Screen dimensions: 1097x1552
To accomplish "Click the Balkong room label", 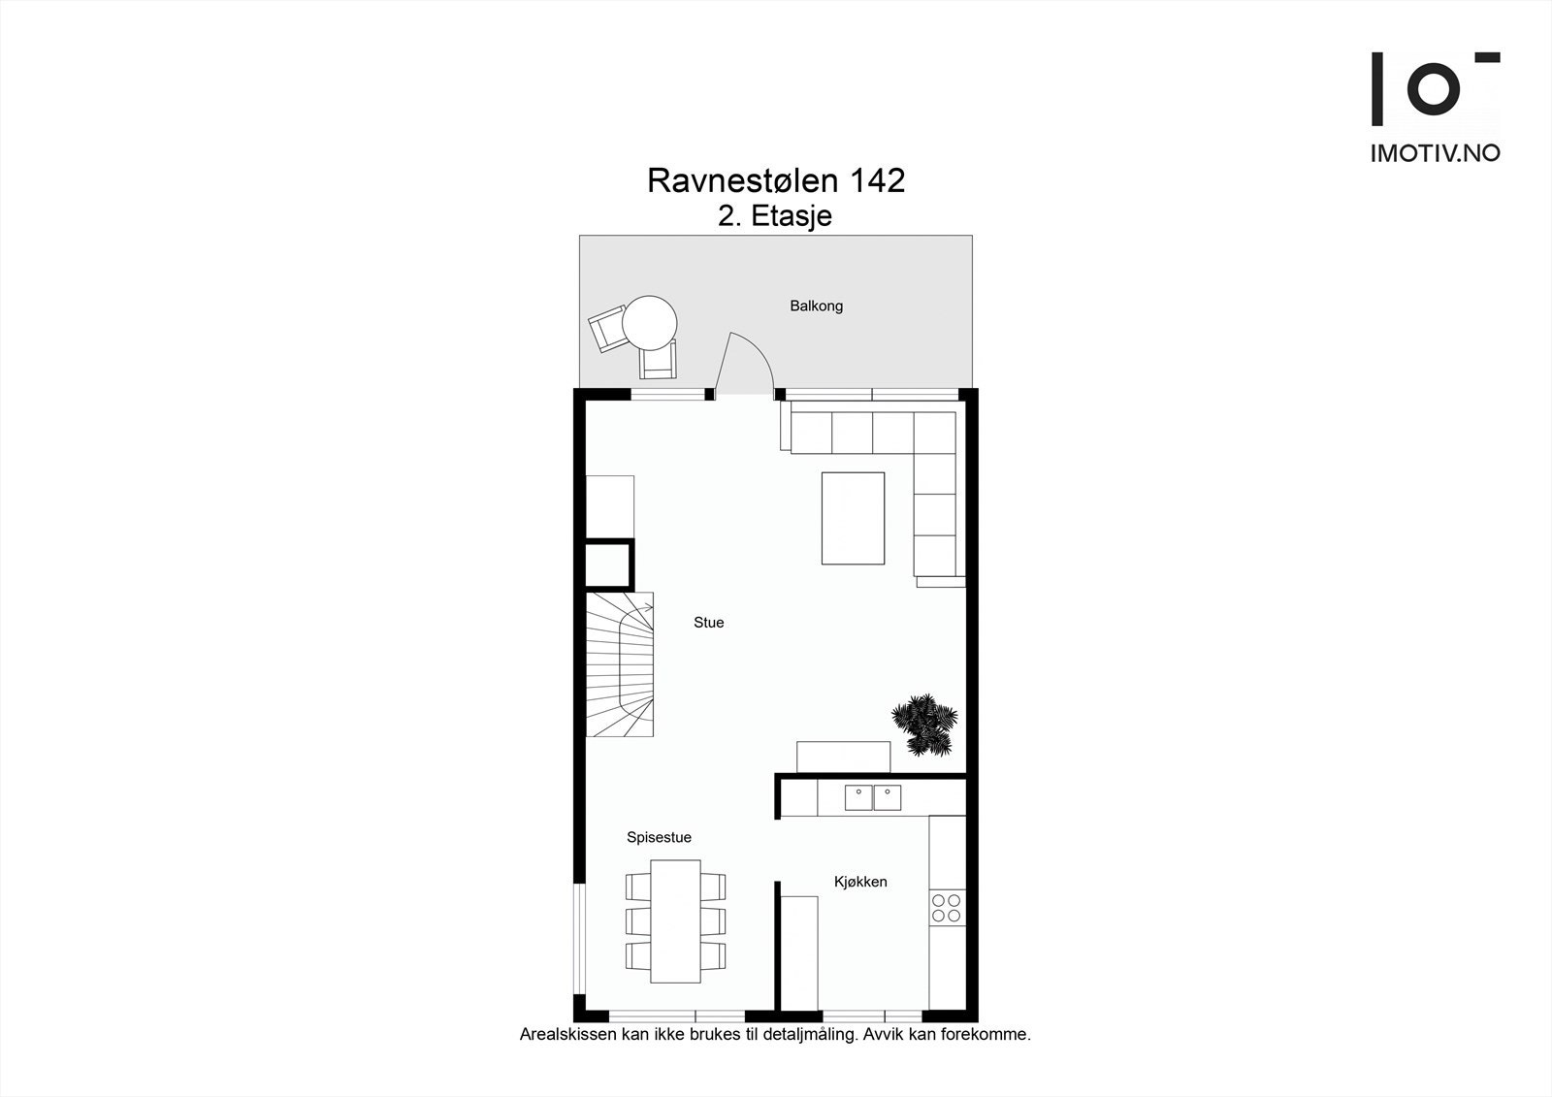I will pyautogui.click(x=816, y=306).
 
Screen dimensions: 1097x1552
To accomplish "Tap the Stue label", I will pyautogui.click(x=708, y=623).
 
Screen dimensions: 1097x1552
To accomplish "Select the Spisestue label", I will pyautogui.click(x=659, y=837).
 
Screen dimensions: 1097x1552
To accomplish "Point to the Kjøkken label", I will pyautogui.click(x=860, y=882).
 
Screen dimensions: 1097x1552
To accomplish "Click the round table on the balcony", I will pyautogui.click(x=649, y=322).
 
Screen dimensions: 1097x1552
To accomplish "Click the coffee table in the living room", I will pyautogui.click(x=853, y=518).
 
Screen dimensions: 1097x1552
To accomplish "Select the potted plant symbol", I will pyautogui.click(x=924, y=723).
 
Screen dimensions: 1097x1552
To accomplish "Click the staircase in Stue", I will pyautogui.click(x=619, y=664).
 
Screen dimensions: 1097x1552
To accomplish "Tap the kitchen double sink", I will pyautogui.click(x=872, y=797).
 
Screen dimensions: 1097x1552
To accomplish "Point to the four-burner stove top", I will pyautogui.click(x=946, y=908).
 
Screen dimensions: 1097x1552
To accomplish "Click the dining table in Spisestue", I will pyautogui.click(x=675, y=920).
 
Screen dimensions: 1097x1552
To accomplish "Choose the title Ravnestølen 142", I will pyautogui.click(x=776, y=180).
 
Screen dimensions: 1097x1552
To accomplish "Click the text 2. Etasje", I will pyautogui.click(x=774, y=215).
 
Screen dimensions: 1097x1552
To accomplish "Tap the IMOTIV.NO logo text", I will pyautogui.click(x=1435, y=153).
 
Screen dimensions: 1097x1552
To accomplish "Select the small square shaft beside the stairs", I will pyautogui.click(x=608, y=564).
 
